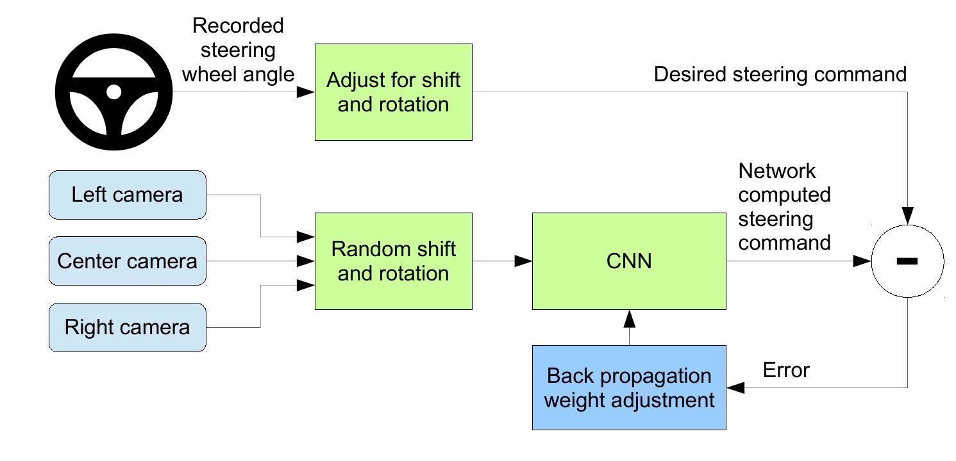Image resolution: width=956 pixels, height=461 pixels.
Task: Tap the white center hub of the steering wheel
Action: point(113,92)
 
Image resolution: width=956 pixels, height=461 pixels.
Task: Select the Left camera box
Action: point(128,195)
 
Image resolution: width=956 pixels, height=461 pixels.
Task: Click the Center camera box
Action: point(128,261)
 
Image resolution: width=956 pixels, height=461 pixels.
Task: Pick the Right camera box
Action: point(128,328)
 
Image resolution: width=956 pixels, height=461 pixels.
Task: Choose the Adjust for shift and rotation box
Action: point(394,92)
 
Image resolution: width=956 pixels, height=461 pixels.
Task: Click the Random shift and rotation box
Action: point(394,261)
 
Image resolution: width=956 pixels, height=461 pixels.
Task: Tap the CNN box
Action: point(629,261)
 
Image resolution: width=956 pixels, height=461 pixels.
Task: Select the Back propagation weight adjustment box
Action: point(629,388)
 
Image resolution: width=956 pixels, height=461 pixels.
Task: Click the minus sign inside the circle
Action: point(907,261)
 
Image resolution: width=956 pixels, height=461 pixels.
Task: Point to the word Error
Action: point(786,370)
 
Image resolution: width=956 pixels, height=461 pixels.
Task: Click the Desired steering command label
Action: point(780,74)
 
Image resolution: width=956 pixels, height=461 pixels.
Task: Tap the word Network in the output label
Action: point(776,171)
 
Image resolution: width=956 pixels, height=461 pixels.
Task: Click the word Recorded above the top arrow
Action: point(238,26)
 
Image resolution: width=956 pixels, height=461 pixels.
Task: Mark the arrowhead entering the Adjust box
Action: point(306,92)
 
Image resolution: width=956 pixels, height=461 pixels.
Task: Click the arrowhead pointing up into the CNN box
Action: point(630,319)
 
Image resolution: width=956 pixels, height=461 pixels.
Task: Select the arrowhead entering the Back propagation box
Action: point(736,388)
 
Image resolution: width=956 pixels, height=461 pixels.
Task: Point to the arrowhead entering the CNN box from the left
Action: point(523,261)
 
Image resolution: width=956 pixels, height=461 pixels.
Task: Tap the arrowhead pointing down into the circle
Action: point(907,216)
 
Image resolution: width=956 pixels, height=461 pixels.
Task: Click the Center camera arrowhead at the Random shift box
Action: point(306,261)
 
